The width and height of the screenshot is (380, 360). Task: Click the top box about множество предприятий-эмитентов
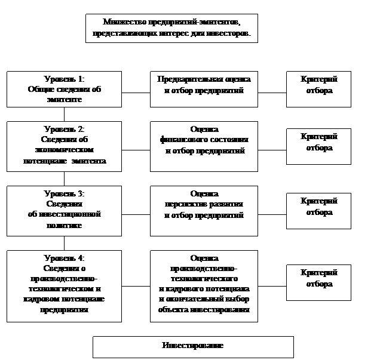171,28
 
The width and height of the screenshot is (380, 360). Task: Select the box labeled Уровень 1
64,90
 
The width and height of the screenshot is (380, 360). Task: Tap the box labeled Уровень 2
64,146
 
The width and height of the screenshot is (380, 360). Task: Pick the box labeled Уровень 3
64,210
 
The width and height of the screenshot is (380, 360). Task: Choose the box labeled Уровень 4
64,284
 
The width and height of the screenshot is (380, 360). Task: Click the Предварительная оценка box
204,90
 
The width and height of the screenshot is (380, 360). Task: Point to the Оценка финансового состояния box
204,146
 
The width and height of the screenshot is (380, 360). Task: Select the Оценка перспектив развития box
204,210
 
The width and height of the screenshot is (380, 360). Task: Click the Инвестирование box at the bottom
193,347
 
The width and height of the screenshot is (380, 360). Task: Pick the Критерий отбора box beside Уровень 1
318,90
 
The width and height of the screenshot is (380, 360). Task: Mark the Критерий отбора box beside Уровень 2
318,146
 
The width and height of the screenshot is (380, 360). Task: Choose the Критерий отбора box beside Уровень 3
318,210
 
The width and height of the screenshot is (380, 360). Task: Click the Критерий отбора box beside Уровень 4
318,278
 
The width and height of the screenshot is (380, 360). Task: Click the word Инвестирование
193,346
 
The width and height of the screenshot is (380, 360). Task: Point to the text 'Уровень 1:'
64,79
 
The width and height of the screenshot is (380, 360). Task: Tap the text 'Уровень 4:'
64,258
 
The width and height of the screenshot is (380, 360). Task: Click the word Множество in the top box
119,22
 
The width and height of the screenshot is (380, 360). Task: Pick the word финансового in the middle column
181,140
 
